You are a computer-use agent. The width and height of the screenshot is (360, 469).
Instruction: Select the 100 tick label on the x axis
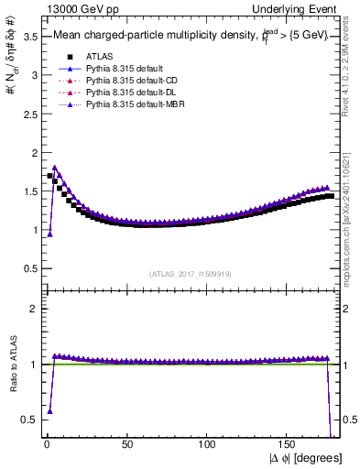point(208,445)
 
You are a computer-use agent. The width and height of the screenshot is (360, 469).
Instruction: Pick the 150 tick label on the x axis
point(289,445)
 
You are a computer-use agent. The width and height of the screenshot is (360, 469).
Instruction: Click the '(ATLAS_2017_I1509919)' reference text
point(191,273)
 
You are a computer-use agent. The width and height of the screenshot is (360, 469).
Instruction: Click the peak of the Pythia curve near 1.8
point(55,168)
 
